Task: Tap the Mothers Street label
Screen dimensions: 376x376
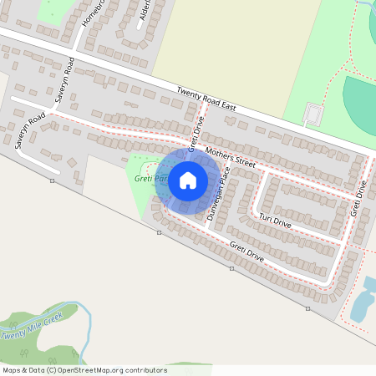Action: click(230, 155)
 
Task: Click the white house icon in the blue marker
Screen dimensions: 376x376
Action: click(188, 180)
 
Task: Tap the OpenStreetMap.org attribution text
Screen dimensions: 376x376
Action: click(103, 369)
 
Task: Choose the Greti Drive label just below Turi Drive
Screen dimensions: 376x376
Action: click(246, 252)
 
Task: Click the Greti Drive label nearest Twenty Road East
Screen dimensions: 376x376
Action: click(196, 130)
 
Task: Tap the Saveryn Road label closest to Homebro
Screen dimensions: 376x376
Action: click(65, 80)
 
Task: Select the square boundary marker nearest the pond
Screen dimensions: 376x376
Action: click(307, 308)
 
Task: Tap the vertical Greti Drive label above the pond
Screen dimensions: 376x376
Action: click(360, 201)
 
